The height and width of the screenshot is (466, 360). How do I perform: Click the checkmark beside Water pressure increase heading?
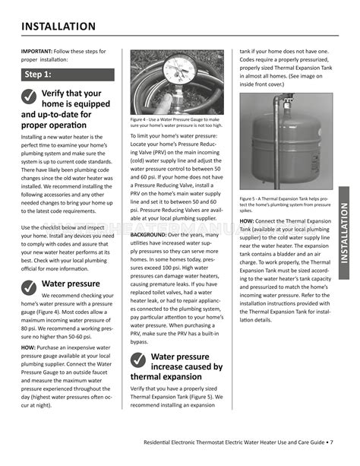coord(139,357)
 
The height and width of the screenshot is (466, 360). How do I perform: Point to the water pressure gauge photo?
coord(177,83)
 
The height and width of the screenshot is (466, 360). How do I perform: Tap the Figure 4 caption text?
coord(177,122)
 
